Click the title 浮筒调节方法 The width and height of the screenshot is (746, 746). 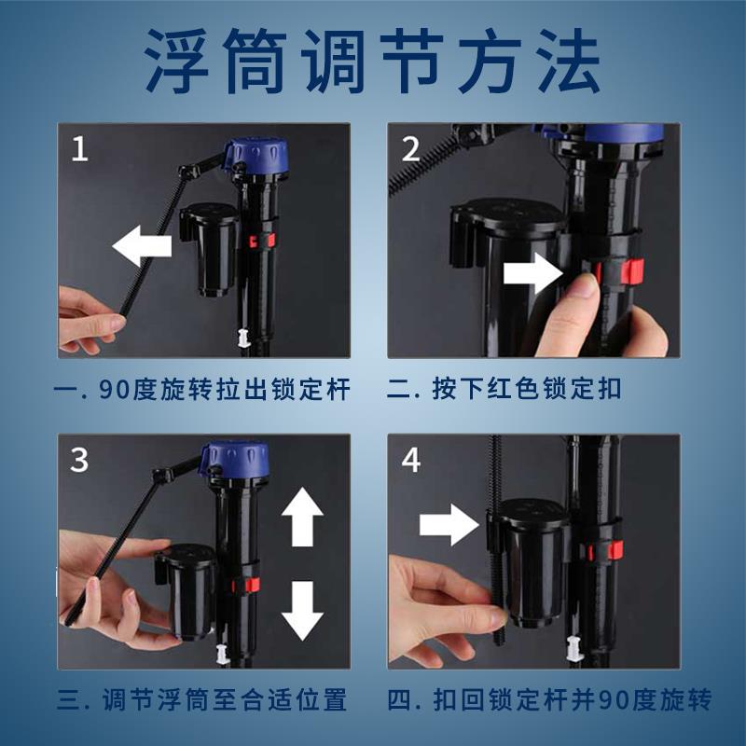(372, 61)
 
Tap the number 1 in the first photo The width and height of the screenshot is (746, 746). (79, 148)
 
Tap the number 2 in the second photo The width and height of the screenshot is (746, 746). (410, 149)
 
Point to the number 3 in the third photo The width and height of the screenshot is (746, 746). (79, 460)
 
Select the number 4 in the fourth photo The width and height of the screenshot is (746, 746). (411, 460)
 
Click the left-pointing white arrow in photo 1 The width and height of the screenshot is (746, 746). (142, 246)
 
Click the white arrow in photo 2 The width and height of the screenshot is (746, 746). (533, 273)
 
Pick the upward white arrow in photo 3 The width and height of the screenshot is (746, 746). (302, 518)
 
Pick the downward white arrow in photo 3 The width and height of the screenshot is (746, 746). (302, 611)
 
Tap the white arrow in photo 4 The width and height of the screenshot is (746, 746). (449, 525)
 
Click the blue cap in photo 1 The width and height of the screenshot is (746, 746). (257, 158)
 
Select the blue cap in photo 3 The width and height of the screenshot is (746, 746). (235, 460)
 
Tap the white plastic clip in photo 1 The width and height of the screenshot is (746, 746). (243, 338)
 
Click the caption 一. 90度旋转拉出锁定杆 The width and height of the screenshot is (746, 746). (202, 390)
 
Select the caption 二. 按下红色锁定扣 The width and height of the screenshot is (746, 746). (504, 389)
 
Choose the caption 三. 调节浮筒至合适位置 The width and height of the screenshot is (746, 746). (202, 700)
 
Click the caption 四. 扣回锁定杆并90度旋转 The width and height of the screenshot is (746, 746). (550, 700)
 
